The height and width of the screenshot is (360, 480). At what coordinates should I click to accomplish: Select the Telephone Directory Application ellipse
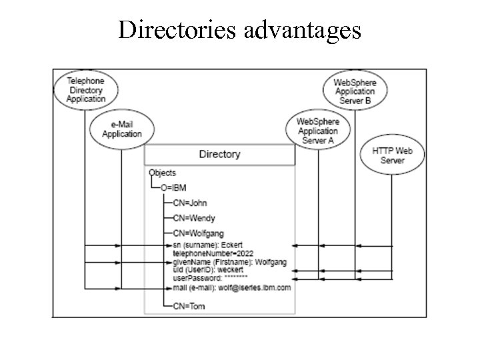point(85,89)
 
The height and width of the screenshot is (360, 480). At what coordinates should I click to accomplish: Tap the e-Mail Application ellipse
point(121,129)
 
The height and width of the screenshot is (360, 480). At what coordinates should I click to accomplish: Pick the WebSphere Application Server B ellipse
point(355,91)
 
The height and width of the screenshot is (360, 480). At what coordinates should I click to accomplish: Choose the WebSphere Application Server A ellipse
point(317,131)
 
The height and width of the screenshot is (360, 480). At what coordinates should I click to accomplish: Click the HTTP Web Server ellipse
point(392,155)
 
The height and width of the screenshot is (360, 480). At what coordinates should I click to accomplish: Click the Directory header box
point(219,155)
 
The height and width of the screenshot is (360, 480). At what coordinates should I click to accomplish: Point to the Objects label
point(162,173)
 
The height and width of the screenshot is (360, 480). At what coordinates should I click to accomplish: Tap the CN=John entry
point(190,203)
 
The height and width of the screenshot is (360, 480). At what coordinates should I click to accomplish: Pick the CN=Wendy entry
point(193,218)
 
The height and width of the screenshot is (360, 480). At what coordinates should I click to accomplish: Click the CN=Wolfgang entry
point(198,233)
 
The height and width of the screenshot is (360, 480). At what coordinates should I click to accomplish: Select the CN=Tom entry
point(189,306)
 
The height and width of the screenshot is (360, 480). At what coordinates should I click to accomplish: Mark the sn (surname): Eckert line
point(209,246)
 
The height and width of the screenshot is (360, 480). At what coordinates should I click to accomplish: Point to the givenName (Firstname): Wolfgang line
point(229,262)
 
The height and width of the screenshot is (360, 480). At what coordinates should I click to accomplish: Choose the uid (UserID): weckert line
point(207,269)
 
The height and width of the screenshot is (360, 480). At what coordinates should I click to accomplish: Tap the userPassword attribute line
point(210,277)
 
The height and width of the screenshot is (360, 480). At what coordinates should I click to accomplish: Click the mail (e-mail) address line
point(231,287)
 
